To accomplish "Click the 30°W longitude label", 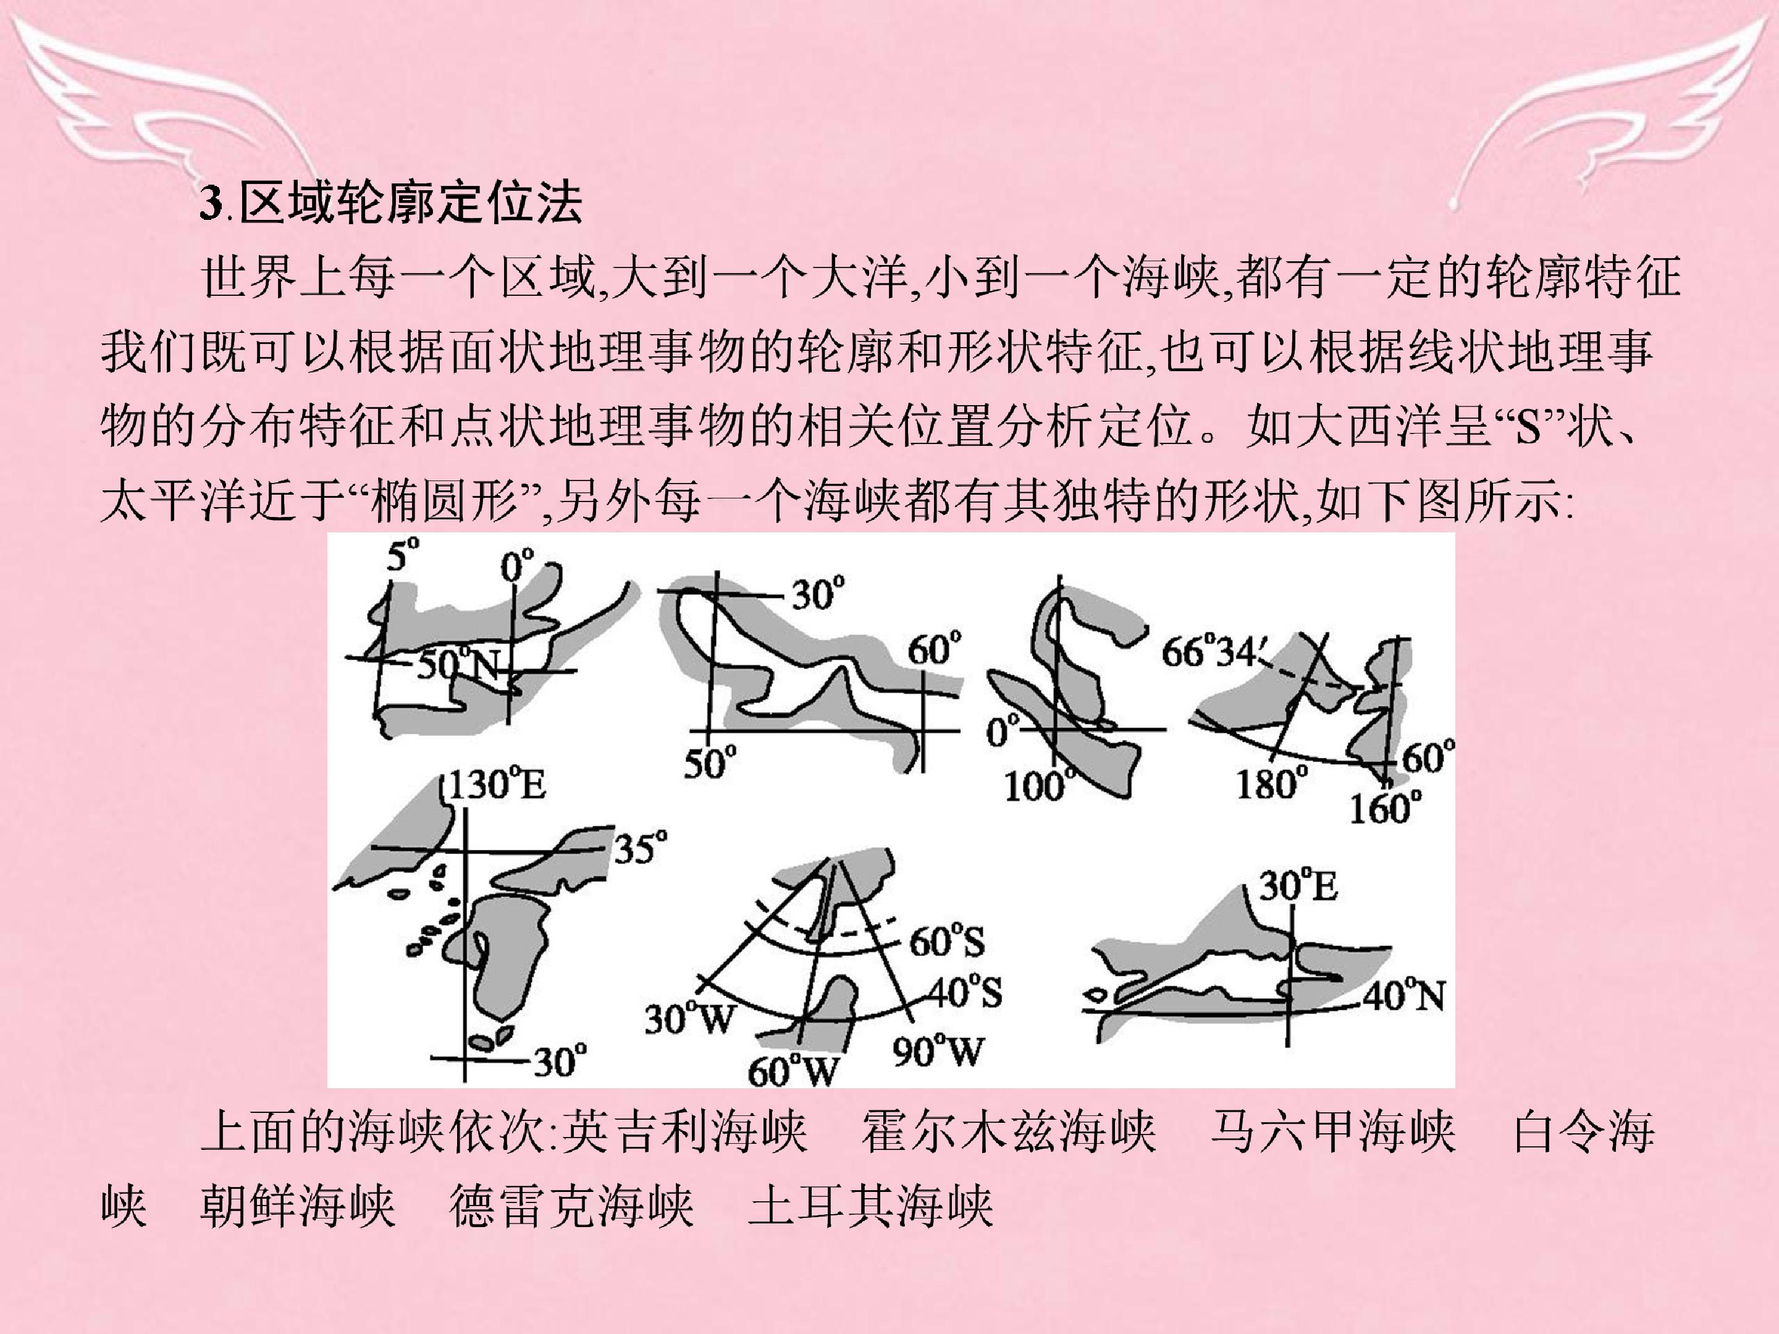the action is pyautogui.click(x=690, y=1019).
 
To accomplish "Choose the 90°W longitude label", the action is pyautogui.click(x=938, y=1051).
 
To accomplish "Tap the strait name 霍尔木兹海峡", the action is pyautogui.click(x=1009, y=1132).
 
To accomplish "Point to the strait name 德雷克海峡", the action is pyautogui.click(x=572, y=1206).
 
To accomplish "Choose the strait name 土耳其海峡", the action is pyautogui.click(x=872, y=1206).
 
